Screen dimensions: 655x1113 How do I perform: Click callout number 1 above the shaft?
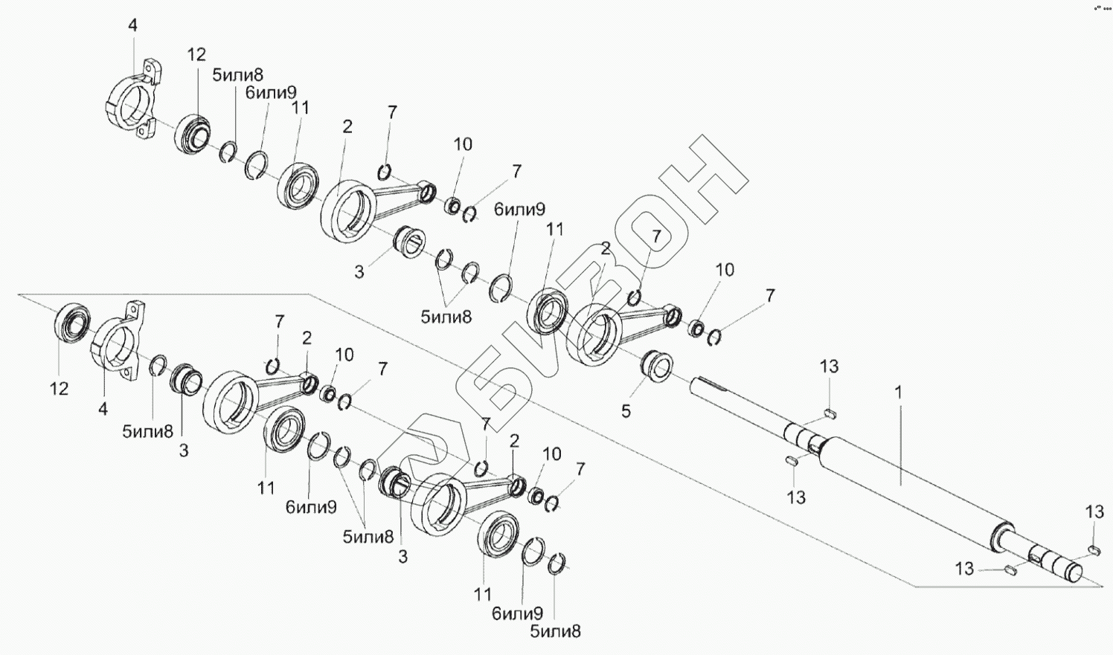click(x=898, y=392)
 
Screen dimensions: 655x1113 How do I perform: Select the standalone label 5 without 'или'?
click(x=626, y=411)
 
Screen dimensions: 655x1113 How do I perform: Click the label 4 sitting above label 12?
click(x=132, y=25)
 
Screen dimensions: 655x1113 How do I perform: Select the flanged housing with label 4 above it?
click(x=132, y=104)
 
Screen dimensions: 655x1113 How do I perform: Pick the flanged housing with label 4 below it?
click(x=115, y=345)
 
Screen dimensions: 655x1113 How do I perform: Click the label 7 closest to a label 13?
click(x=769, y=295)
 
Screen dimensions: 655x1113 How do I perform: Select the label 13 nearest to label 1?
click(x=829, y=366)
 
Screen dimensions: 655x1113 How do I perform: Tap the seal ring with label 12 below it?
click(x=73, y=324)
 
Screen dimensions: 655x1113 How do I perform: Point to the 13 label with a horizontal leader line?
click(x=964, y=569)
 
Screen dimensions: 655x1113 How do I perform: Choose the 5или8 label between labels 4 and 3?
click(x=148, y=430)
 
